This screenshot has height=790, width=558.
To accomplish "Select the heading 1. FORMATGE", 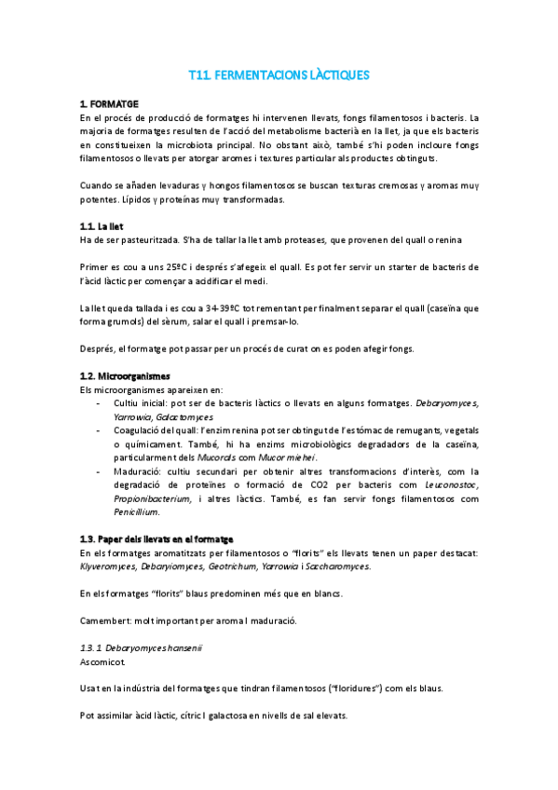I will point(109,103).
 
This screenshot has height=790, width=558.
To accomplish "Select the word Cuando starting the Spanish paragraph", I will point(99,186).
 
